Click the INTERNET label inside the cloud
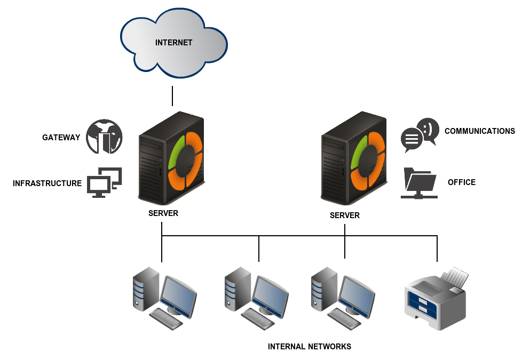(x=173, y=43)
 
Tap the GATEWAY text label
(x=61, y=138)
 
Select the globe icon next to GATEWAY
(x=105, y=137)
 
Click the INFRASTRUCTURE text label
(x=47, y=183)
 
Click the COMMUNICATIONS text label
(x=479, y=131)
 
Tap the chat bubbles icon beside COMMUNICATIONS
(x=420, y=135)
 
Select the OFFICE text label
(x=462, y=182)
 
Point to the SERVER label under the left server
(x=163, y=213)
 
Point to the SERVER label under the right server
(x=345, y=215)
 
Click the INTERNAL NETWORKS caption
(x=310, y=347)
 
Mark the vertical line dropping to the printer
(x=437, y=249)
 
